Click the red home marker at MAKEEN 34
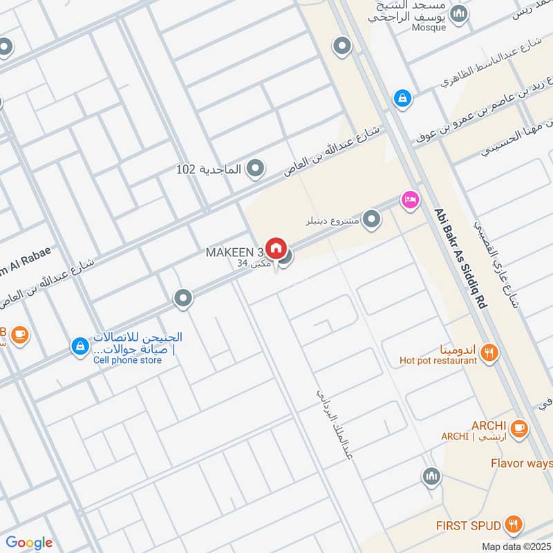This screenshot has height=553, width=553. (276, 247)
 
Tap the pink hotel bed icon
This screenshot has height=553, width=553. (410, 200)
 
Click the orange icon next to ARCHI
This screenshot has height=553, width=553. (520, 429)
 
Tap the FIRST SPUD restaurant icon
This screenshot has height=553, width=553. (512, 524)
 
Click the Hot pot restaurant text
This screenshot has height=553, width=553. (438, 360)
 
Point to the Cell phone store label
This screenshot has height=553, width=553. (127, 359)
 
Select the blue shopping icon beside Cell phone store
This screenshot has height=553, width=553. (80, 346)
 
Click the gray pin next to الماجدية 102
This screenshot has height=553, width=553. (256, 168)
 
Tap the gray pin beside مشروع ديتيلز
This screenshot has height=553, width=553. (372, 220)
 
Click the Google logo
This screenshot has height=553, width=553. (29, 543)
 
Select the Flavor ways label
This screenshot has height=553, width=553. (521, 462)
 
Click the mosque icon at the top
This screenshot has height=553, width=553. (458, 13)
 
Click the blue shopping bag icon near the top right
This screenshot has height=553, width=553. (402, 99)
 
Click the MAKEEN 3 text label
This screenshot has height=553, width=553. (234, 253)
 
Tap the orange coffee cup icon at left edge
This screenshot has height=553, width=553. (19, 335)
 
